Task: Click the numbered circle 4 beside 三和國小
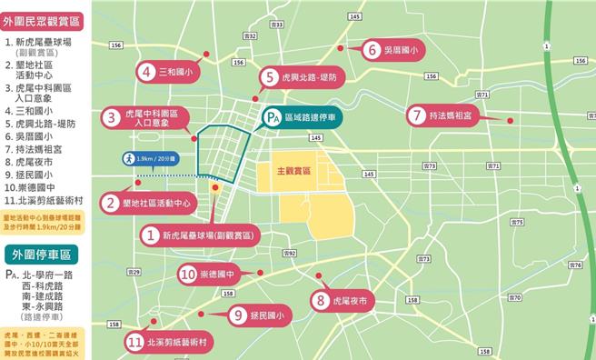[x=145, y=70]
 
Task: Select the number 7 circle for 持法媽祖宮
[x=415, y=115]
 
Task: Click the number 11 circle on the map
[x=134, y=343]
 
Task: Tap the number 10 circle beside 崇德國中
[x=187, y=273]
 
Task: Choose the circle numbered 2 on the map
[x=110, y=204]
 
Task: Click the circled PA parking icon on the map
[x=272, y=116]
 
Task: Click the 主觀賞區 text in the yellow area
[x=293, y=170]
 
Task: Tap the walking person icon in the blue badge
[x=130, y=158]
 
